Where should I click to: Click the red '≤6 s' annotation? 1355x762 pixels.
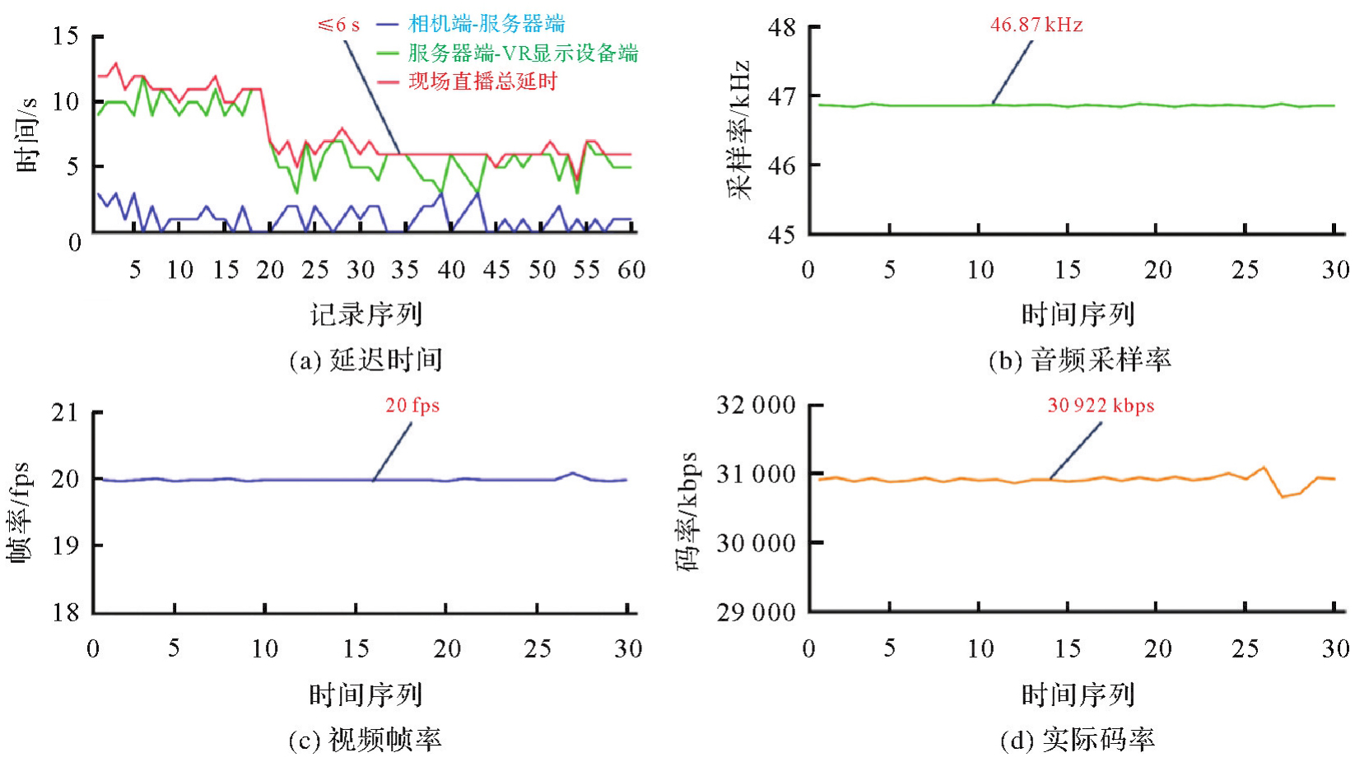tap(338, 25)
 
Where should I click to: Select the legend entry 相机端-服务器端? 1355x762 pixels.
tap(486, 24)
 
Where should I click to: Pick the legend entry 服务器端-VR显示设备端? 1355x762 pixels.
tap(523, 53)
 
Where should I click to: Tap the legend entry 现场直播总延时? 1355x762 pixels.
tap(482, 81)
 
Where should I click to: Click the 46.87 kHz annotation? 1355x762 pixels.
tap(1036, 25)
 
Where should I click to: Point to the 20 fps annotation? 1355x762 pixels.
tap(412, 405)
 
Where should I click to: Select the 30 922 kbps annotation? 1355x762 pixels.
tap(1100, 405)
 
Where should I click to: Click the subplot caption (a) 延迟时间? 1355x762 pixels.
tap(366, 360)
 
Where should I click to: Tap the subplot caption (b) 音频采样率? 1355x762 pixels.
tap(1079, 360)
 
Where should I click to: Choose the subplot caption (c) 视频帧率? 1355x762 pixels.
tap(365, 740)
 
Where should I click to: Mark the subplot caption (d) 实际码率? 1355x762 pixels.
tap(1077, 740)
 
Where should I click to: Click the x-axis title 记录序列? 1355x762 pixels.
tap(366, 314)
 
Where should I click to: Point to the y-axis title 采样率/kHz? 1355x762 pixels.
tap(738, 129)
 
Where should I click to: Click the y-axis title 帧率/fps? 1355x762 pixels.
tap(19, 512)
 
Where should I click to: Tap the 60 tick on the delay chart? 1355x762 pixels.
tap(631, 270)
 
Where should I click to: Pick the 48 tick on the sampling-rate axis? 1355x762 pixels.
tap(781, 27)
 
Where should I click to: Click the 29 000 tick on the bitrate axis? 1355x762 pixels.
tap(756, 612)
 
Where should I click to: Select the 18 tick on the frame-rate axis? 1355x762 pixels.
tap(66, 612)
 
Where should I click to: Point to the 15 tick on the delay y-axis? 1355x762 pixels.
tap(66, 36)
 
